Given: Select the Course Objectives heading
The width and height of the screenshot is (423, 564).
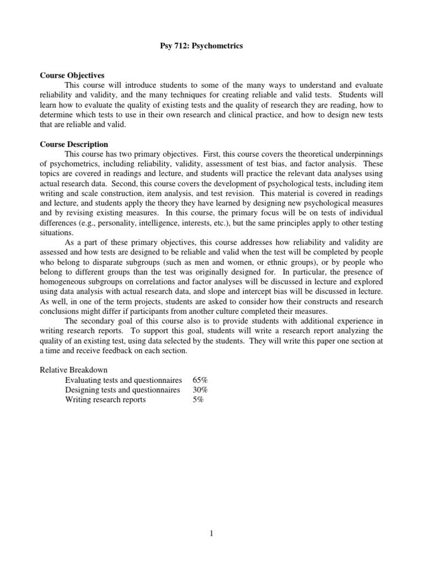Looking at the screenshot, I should [x=72, y=75].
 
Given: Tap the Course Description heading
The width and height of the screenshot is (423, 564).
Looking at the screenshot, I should [x=74, y=144].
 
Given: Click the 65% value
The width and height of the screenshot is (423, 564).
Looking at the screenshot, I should [x=200, y=380].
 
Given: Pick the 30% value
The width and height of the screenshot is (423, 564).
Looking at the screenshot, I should [x=200, y=390].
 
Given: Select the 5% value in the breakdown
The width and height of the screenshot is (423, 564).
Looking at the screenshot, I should [x=198, y=400].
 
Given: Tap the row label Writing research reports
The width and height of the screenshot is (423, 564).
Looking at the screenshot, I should [x=105, y=400].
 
